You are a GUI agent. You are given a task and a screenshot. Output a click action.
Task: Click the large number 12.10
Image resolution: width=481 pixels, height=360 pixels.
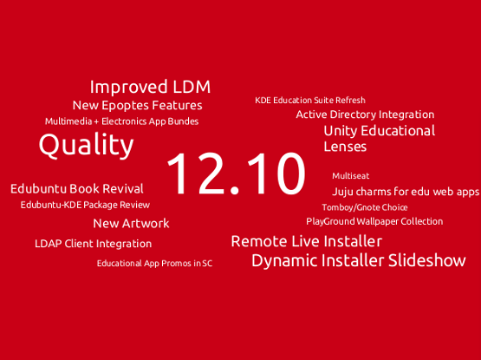(x=237, y=173)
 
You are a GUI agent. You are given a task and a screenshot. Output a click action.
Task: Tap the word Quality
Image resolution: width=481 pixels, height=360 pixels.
(x=86, y=145)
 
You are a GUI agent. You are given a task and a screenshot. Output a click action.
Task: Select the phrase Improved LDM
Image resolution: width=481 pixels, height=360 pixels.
(x=150, y=87)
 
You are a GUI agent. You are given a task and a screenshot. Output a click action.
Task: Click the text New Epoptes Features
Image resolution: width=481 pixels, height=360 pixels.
(x=138, y=105)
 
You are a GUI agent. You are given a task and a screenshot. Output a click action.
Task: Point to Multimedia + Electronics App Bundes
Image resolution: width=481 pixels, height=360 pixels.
(x=122, y=121)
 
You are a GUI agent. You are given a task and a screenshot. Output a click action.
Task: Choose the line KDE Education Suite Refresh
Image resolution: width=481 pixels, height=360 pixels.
(x=310, y=100)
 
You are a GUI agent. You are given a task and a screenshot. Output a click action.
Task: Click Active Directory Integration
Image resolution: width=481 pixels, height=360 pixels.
(x=365, y=115)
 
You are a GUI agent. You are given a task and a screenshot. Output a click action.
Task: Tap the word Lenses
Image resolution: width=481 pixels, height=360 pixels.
(x=345, y=147)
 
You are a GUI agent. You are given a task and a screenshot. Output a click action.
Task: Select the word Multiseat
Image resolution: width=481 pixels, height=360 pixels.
(x=351, y=176)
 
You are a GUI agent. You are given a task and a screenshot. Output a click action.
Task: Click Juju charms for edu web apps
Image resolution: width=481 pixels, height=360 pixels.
(x=406, y=192)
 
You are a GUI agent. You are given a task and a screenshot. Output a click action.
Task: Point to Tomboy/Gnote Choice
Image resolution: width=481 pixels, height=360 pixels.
(x=365, y=207)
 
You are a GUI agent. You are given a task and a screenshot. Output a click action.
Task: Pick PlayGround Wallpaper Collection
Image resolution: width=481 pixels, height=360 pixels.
(x=374, y=221)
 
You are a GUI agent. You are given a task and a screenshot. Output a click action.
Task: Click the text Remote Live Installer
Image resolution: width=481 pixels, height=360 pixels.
(x=307, y=241)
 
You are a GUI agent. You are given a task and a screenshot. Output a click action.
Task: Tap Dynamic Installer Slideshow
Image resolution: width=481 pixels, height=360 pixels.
(x=359, y=260)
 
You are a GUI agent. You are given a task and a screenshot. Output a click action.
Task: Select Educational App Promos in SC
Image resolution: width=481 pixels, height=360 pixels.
(x=154, y=263)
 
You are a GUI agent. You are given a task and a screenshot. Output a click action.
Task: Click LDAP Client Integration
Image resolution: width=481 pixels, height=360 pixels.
(x=94, y=244)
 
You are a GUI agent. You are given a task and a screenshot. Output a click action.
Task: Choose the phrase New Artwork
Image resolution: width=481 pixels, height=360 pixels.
(x=131, y=223)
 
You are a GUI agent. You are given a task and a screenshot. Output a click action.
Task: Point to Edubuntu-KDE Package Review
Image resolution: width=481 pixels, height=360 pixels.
(x=85, y=205)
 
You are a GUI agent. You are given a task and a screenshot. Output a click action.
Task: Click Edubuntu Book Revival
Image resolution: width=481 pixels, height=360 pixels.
(x=76, y=188)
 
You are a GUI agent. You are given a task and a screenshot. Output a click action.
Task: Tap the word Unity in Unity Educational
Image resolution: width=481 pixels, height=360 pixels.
(x=341, y=132)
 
